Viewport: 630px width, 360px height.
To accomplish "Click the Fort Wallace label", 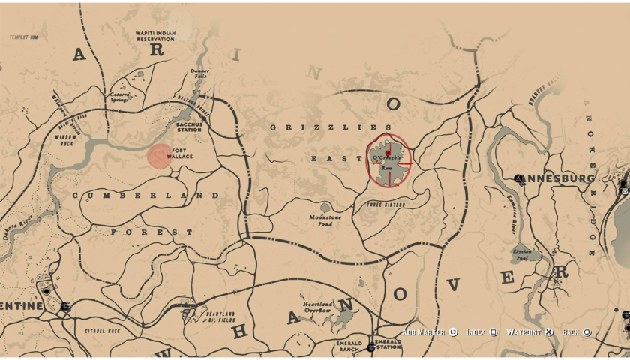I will (182, 153).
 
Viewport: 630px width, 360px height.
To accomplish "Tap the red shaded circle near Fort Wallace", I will (160, 157).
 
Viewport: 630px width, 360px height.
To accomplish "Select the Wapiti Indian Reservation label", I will (155, 36).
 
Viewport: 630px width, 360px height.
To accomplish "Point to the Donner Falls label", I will (199, 73).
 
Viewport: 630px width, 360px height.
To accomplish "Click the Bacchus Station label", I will (188, 127).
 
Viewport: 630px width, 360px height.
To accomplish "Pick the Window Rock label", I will (67, 139).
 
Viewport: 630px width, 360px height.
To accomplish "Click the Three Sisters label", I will (386, 204).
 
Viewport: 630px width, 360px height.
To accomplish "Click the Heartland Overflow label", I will (317, 307).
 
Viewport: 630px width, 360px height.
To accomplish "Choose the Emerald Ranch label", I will (349, 346).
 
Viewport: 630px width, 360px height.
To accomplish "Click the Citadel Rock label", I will (103, 331).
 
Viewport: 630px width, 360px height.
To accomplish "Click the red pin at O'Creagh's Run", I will (388, 151).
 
